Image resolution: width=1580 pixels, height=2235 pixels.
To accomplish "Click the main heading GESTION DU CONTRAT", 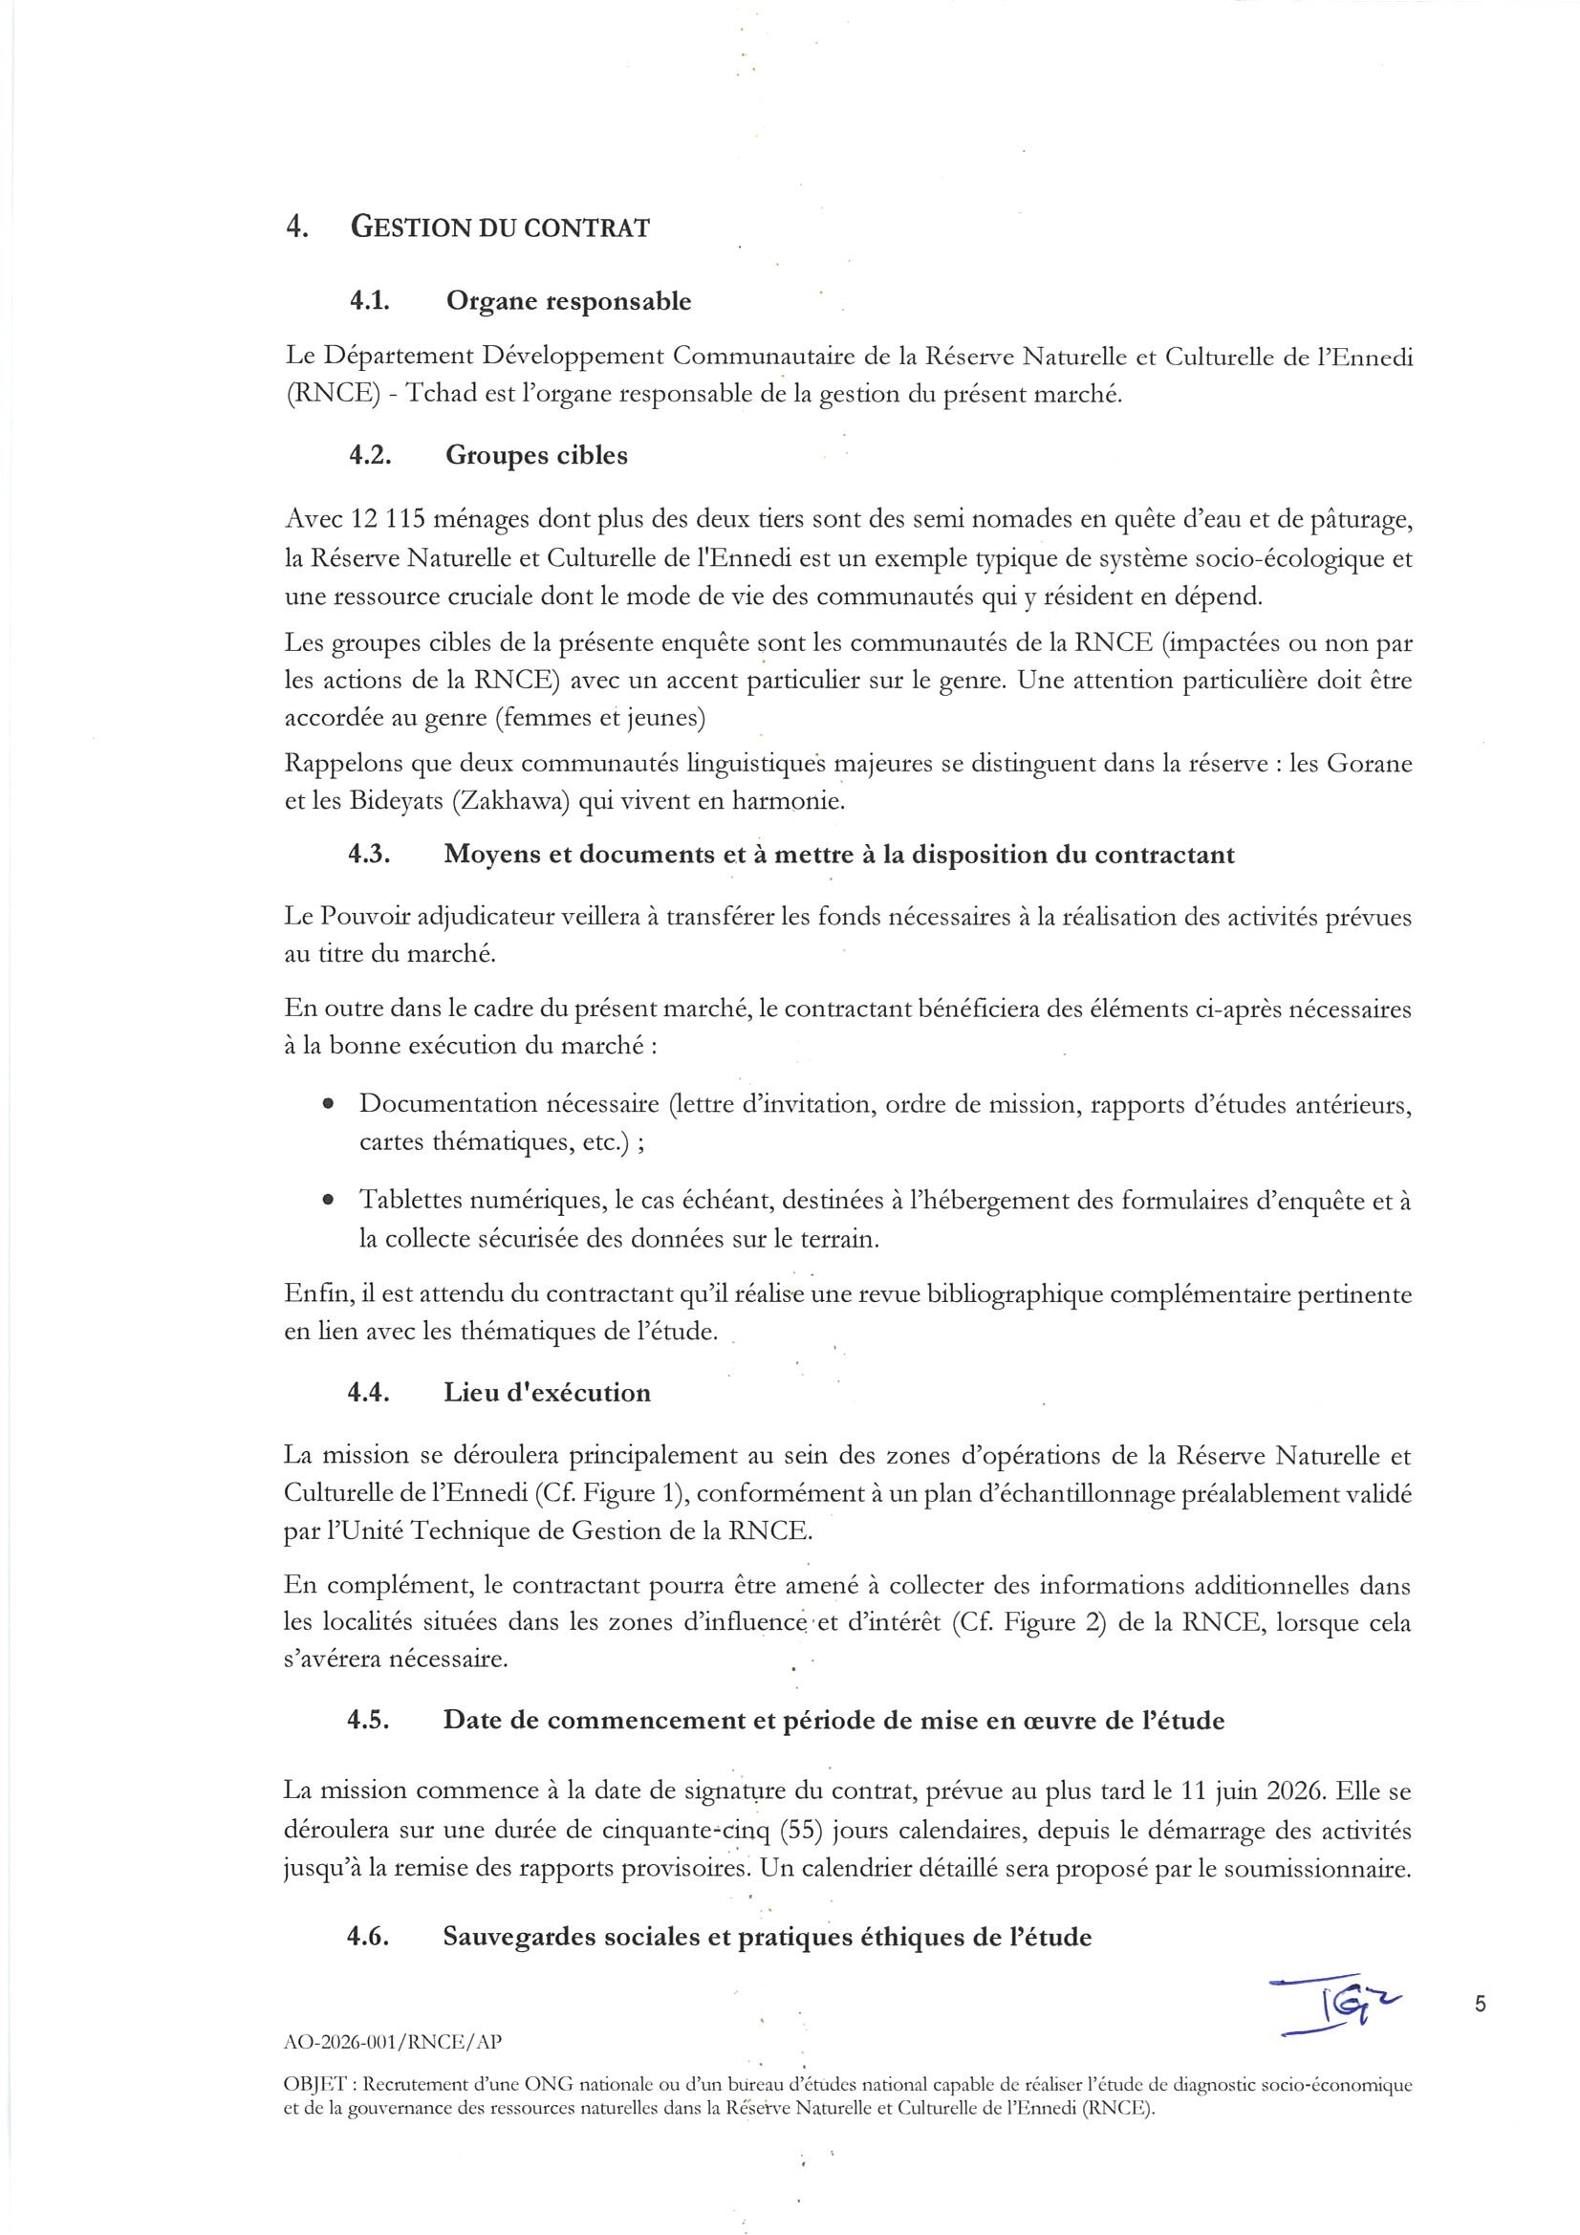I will point(499,228).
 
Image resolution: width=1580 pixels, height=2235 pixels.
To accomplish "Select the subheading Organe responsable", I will point(569,302).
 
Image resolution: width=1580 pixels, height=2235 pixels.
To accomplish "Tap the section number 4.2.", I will point(370,456).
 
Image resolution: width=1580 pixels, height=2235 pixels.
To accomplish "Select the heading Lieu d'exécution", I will point(547,1393).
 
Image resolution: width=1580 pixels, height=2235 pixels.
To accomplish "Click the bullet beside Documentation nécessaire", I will point(329,1105).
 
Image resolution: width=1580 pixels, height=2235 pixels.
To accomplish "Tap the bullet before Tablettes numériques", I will point(329,1202).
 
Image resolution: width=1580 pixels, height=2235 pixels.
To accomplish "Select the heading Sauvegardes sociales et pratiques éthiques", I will point(767,1937).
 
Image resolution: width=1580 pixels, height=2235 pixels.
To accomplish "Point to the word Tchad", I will point(439,395).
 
